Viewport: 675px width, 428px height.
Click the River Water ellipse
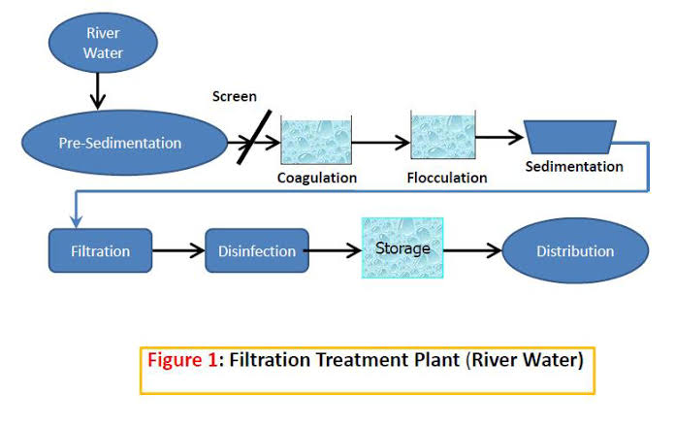coord(103,43)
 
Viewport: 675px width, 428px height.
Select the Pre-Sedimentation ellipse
coord(124,143)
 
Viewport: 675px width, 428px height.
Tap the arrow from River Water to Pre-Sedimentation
coord(98,91)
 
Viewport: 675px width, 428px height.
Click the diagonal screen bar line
coord(254,137)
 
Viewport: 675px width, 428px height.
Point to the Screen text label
coord(234,96)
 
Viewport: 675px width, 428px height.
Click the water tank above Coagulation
coord(316,140)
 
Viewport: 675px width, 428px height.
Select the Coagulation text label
coord(317,178)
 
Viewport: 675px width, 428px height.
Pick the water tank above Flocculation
coord(443,135)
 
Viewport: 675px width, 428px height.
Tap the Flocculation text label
coord(447,178)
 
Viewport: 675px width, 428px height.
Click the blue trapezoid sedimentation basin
coord(570,137)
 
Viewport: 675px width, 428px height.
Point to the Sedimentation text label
coord(574,166)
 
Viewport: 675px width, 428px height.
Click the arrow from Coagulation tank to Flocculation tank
coord(381,142)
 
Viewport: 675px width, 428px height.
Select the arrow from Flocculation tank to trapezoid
coord(499,138)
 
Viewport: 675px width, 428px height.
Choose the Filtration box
coord(100,250)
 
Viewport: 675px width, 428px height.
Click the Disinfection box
coord(257,250)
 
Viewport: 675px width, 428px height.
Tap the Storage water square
coord(402,248)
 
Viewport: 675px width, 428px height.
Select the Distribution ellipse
coord(575,250)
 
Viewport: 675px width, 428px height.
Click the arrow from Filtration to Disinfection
coord(178,250)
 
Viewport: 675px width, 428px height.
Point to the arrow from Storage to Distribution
coord(472,250)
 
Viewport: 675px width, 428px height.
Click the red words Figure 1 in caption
coord(182,359)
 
